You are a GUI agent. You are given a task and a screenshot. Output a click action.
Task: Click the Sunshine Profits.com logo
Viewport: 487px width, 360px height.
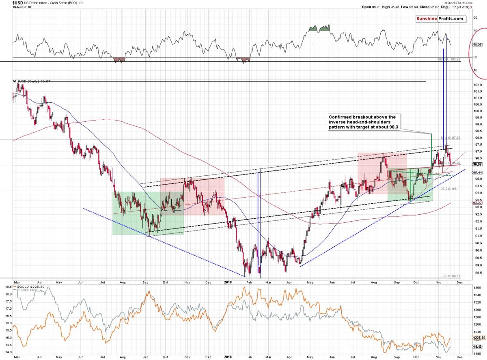(440, 19)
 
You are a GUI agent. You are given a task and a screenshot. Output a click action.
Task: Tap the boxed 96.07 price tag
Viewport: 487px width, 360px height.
(477, 164)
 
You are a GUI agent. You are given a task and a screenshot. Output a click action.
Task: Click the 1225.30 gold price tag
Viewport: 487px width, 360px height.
(479, 336)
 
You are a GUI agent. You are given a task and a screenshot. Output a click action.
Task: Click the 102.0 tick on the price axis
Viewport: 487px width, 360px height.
(477, 84)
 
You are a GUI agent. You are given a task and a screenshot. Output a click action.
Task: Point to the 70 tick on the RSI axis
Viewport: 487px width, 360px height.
(475, 31)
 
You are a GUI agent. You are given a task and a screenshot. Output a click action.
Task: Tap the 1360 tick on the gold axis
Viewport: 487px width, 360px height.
(478, 287)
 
